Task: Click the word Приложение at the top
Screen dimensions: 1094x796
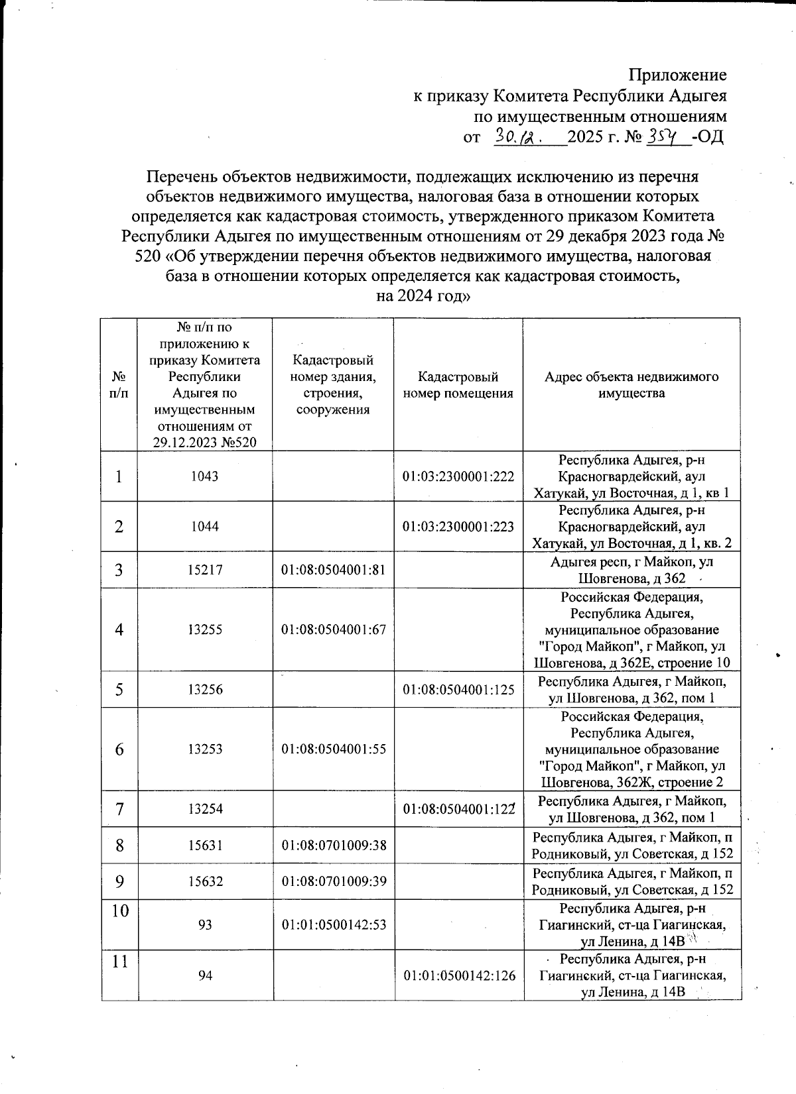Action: (677, 75)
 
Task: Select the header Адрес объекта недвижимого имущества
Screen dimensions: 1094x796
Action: (631, 385)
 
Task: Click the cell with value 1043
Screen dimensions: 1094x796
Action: (204, 476)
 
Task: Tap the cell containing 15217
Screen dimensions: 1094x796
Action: (204, 570)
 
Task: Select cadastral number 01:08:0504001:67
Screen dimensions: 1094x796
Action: (334, 629)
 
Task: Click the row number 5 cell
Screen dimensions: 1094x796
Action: (119, 690)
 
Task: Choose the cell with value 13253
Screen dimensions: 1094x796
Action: (204, 749)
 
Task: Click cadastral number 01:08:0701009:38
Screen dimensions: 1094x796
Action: (334, 846)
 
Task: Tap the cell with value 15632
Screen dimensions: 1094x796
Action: (204, 882)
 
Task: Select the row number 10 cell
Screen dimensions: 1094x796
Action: (119, 911)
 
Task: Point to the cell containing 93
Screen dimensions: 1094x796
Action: (205, 924)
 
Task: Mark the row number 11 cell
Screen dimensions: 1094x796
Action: (119, 961)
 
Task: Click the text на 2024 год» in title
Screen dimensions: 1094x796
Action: (423, 296)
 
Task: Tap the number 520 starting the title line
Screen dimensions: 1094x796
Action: (147, 256)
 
